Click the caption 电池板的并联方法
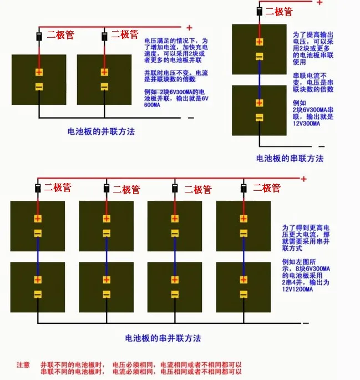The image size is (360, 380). pos(101,131)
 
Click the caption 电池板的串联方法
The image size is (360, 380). pos(290,159)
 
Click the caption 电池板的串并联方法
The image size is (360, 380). pos(163,338)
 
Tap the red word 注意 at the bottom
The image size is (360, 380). pos(23,364)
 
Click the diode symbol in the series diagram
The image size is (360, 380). pos(260,11)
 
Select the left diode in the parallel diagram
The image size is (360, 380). pos(39,37)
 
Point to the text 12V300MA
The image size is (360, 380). pos(306,124)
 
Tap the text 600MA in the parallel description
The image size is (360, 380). pos(152,105)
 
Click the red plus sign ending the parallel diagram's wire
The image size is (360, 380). pos(190,28)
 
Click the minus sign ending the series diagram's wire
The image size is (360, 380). pos(321,146)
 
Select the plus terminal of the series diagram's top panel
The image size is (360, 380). pos(260,42)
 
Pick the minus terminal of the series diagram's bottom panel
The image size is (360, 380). pos(260,118)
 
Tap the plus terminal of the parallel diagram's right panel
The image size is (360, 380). pos(104,72)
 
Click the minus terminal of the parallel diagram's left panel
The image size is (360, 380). pos(39,87)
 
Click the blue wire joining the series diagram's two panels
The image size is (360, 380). pos(260,80)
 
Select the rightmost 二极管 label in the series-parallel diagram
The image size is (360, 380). pos(267,188)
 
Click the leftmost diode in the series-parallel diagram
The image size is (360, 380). pos(38,189)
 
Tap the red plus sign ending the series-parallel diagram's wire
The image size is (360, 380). pos(303,179)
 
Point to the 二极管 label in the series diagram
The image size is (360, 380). pos(279,12)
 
